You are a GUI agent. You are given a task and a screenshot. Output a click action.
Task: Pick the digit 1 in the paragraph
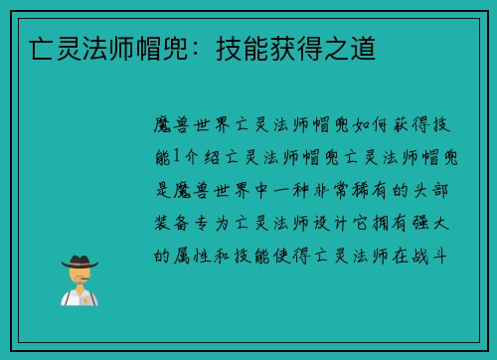point(177,157)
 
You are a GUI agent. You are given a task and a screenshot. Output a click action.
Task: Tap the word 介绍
point(201,157)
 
